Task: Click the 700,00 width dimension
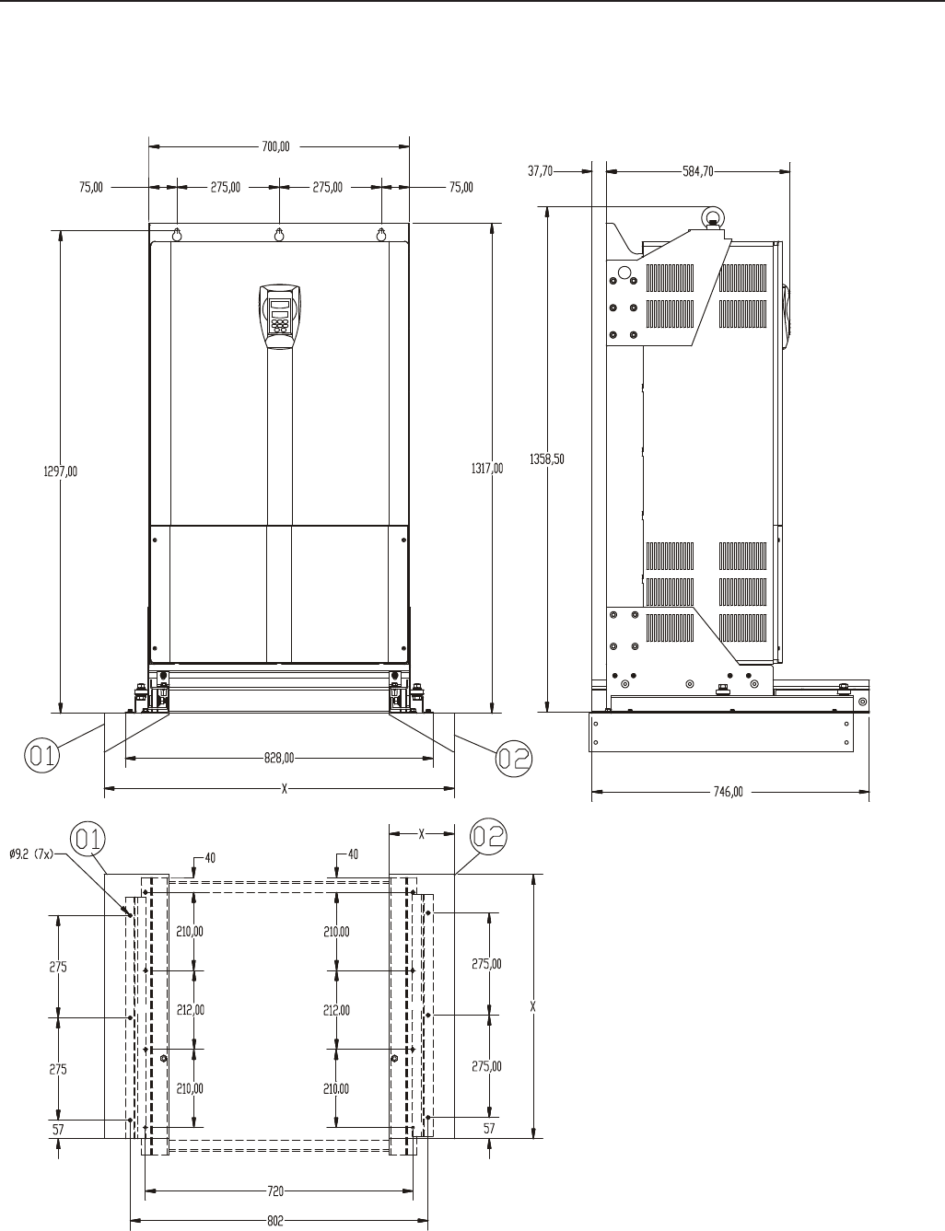click(275, 146)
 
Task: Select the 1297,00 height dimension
click(61, 471)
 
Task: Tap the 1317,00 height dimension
click(487, 468)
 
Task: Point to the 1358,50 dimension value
click(547, 459)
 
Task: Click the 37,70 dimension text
click(540, 171)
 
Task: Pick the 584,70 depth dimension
click(698, 171)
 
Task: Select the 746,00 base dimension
click(728, 792)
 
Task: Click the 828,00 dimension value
click(279, 758)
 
